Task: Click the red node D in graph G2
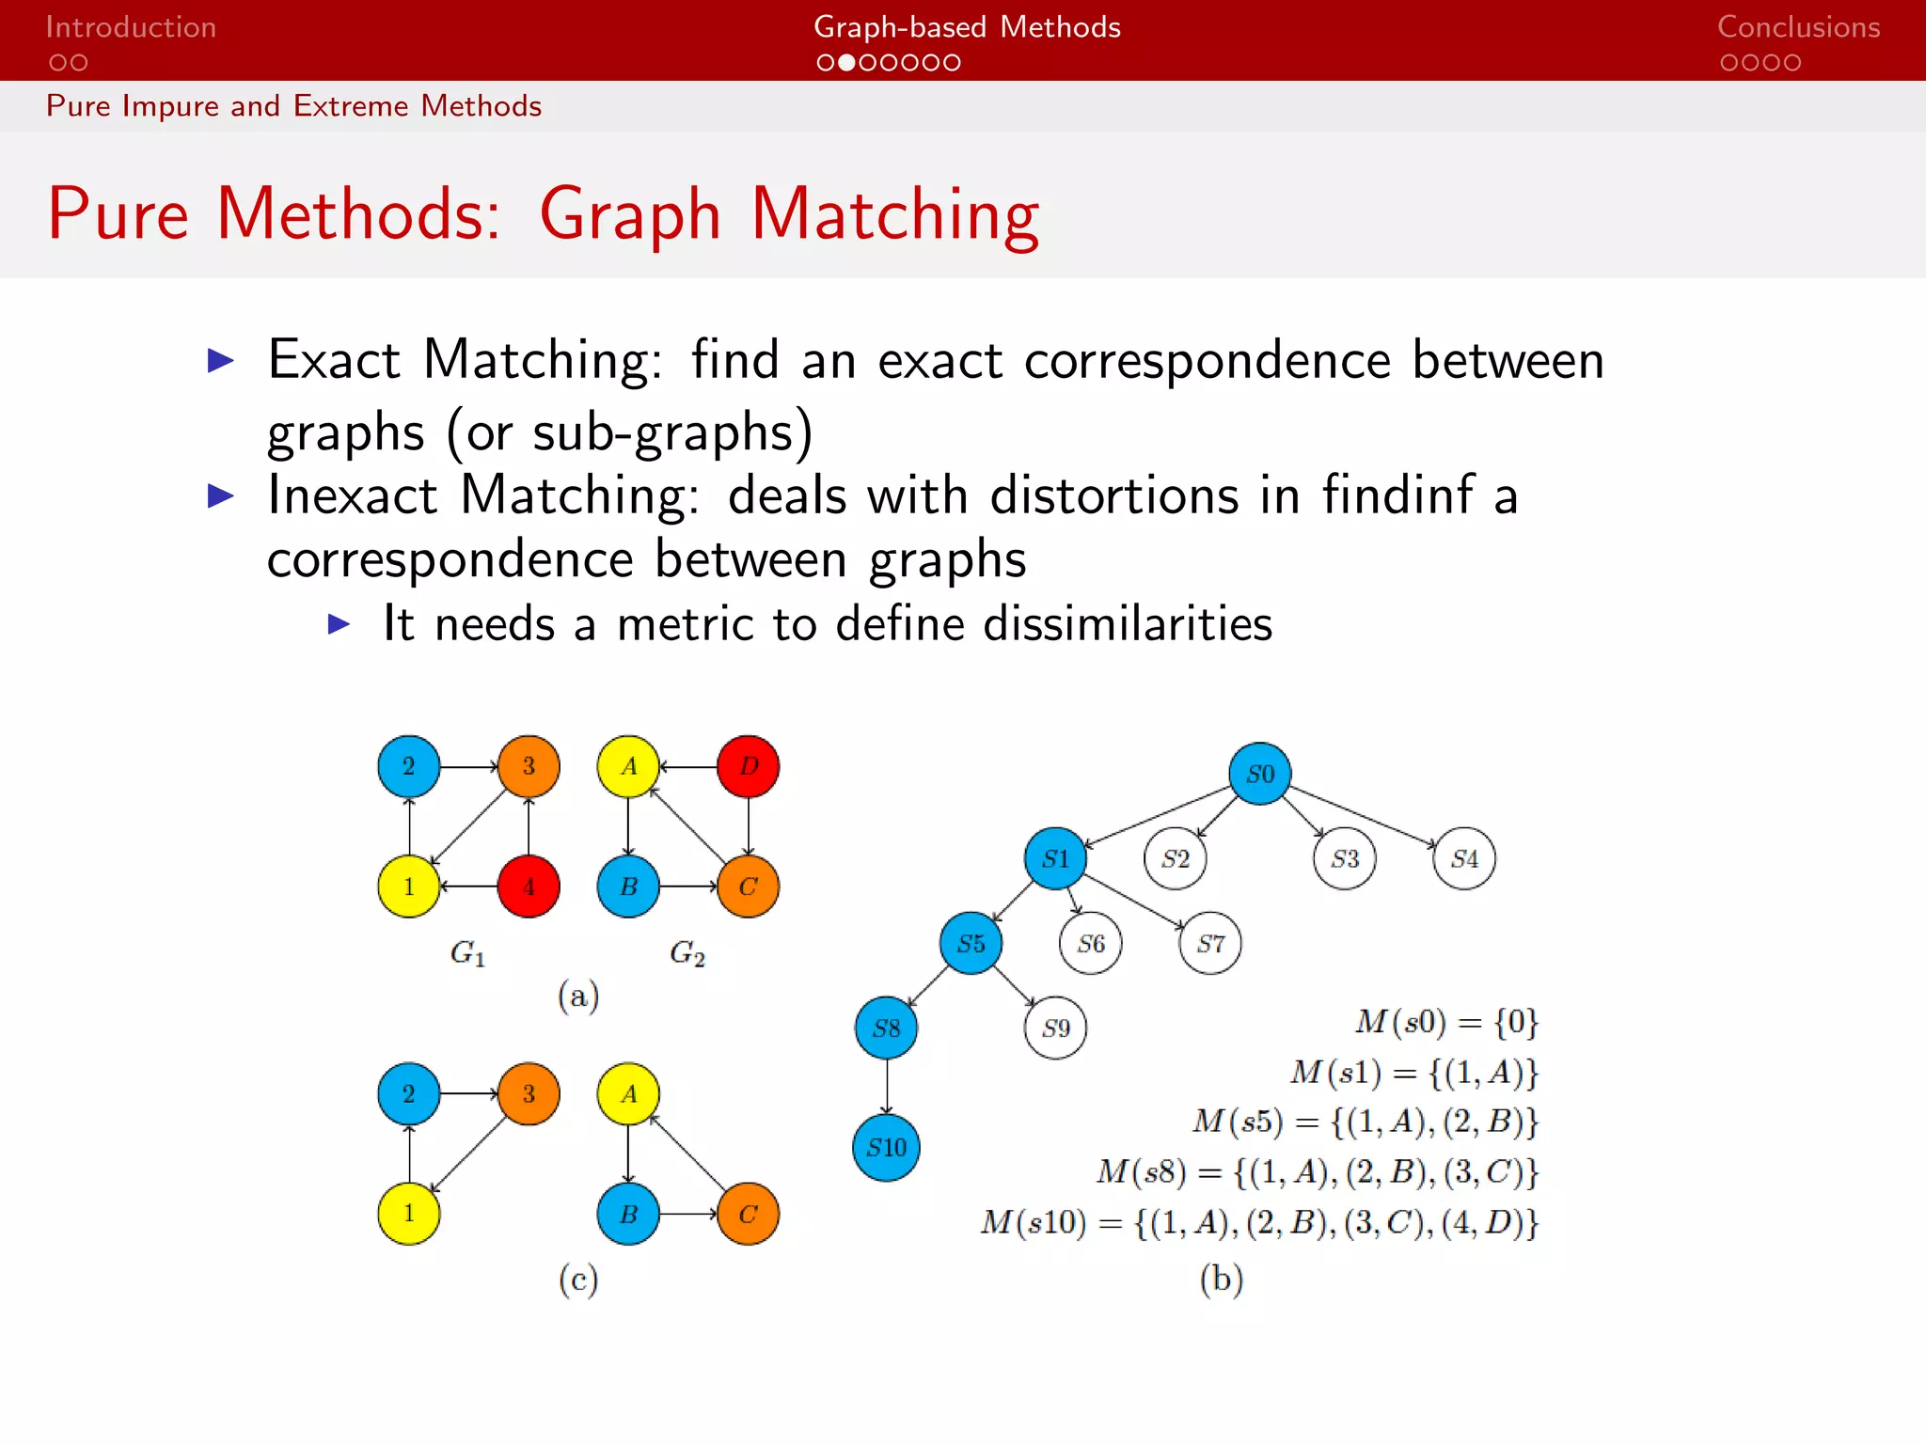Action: coord(748,766)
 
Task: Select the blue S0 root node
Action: coord(1259,774)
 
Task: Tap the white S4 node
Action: coord(1463,858)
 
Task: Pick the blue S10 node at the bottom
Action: coord(886,1148)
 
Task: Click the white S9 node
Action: coord(1055,1028)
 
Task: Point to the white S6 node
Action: coord(1090,943)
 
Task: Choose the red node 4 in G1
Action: coord(529,887)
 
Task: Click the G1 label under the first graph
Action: coord(467,953)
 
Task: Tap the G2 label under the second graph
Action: coord(687,953)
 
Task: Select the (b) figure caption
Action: coord(1221,1279)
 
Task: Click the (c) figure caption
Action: coord(577,1279)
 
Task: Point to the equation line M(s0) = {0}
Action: coord(1445,1022)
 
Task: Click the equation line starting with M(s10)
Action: coord(1258,1223)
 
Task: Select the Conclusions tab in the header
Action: coord(1798,27)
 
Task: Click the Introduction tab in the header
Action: coord(131,27)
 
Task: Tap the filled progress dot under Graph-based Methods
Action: coord(846,63)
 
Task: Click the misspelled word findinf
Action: coord(1397,494)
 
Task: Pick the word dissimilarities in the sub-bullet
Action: coord(1127,623)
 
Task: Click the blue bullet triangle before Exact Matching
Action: coord(220,360)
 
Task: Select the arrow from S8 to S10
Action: coord(887,1087)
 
